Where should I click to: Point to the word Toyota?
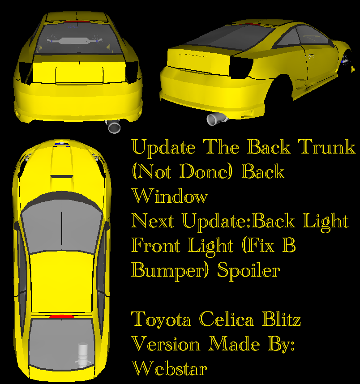tap(162, 320)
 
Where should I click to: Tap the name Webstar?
tap(169, 368)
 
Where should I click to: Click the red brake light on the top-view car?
tap(62, 317)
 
